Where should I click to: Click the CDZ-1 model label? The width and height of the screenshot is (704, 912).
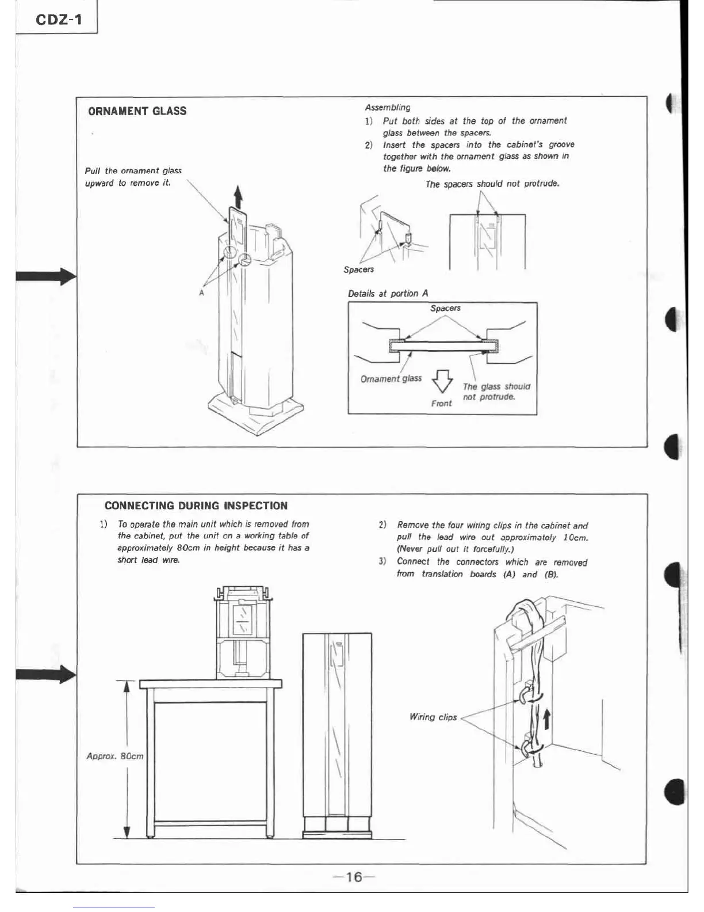coord(59,20)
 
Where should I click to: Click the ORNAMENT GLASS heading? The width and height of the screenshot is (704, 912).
coord(137,111)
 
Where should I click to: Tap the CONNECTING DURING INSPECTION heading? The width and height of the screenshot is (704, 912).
coord(196,506)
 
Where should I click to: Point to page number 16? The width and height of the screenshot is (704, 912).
coord(354,877)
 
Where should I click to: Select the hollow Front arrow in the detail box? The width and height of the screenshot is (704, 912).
coord(442,380)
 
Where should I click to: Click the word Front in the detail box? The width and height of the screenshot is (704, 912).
coord(441,404)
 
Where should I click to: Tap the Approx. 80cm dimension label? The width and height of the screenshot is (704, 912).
coord(114,756)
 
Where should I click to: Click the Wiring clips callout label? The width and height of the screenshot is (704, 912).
coord(433,717)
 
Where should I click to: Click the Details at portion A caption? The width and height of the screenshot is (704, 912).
coord(388,294)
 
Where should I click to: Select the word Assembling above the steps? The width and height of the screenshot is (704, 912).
coord(388,107)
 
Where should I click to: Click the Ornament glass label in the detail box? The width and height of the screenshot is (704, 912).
coord(391,378)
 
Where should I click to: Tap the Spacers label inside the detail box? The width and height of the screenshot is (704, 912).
coord(445,308)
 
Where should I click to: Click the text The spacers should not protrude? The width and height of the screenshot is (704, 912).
coord(492,184)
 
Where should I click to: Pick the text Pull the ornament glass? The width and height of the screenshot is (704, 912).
coord(133,171)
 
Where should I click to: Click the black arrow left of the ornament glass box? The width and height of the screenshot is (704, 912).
coord(46,276)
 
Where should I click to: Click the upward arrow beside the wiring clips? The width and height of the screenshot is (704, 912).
coord(547,719)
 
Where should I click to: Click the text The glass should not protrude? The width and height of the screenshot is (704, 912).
coord(496,392)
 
